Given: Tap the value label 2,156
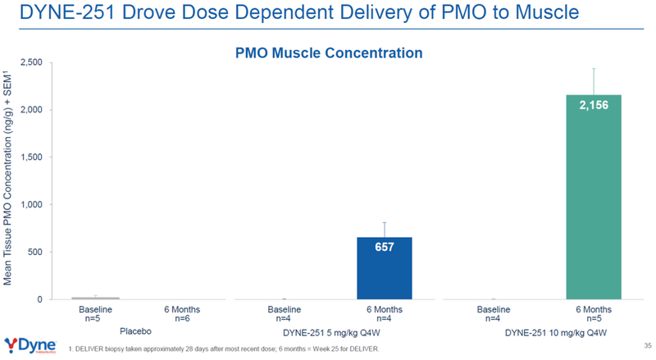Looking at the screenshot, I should point(594,107).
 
